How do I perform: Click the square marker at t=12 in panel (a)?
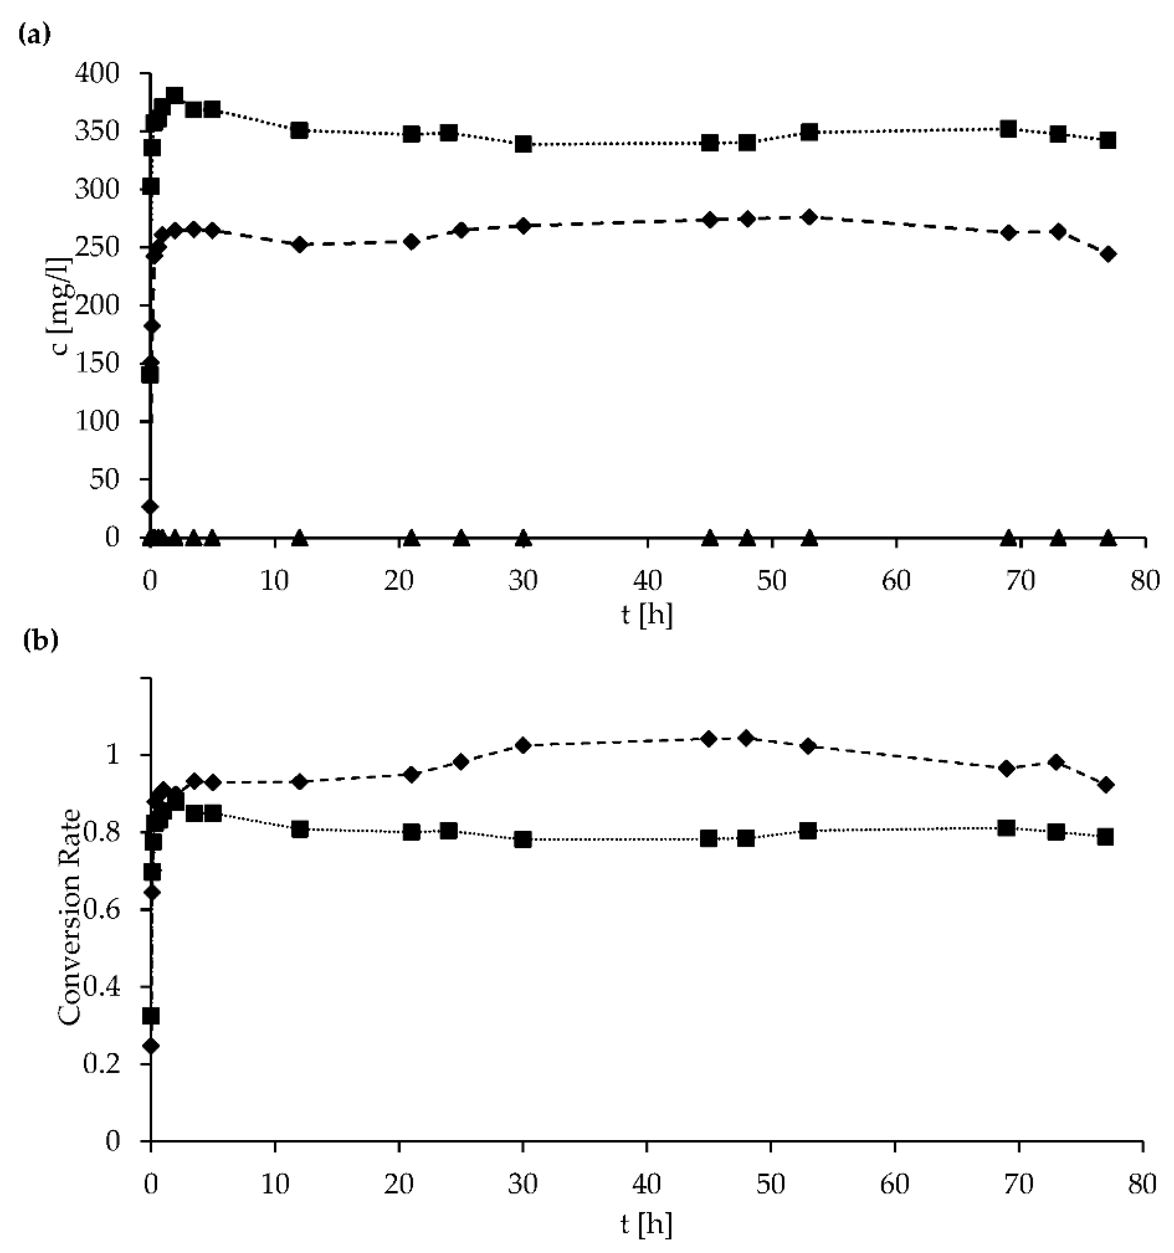click(x=299, y=130)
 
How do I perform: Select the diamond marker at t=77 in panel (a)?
click(x=1108, y=254)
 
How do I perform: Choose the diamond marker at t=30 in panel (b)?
click(x=523, y=745)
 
